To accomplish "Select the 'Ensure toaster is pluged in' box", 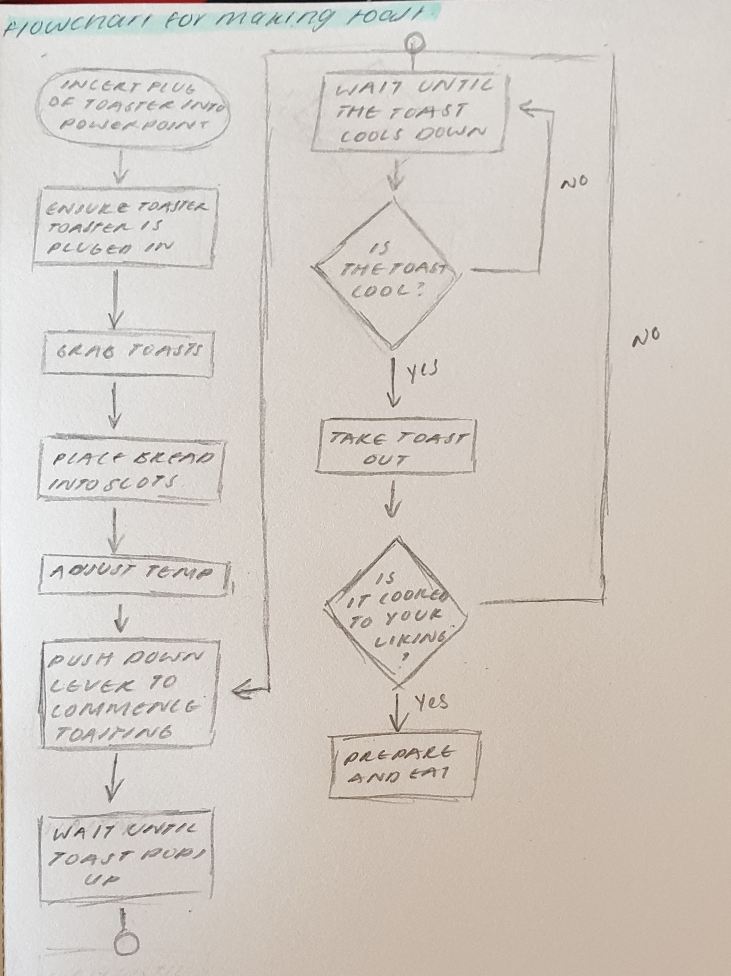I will [x=126, y=228].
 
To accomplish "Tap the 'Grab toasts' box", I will [x=127, y=353].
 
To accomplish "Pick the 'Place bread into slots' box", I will [x=128, y=470].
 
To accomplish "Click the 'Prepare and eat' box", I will [x=404, y=765].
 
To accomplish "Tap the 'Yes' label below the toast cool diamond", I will [x=420, y=370].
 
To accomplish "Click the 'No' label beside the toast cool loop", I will [x=574, y=183].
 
